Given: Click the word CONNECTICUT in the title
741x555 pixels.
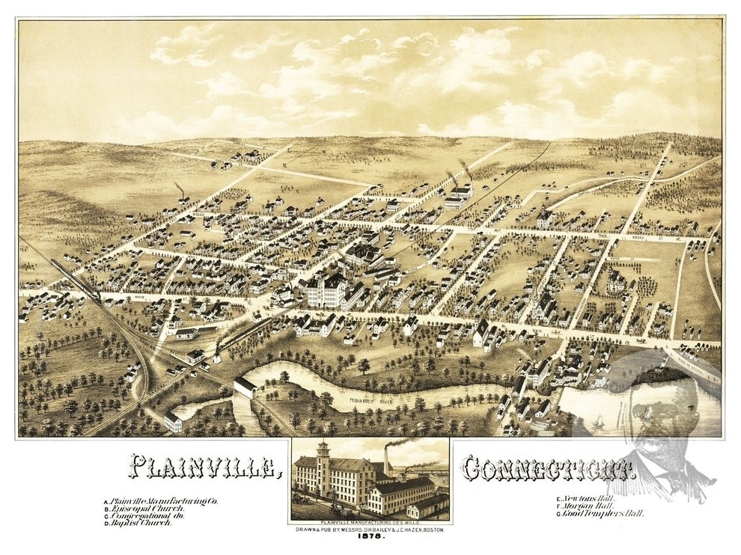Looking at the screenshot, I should point(548,467).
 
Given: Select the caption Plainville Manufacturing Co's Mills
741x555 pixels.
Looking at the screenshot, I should point(370,524).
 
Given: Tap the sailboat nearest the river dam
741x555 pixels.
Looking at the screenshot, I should point(598,423).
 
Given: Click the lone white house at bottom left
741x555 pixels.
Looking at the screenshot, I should point(174,421).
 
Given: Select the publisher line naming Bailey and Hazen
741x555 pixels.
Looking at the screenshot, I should point(370,532).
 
